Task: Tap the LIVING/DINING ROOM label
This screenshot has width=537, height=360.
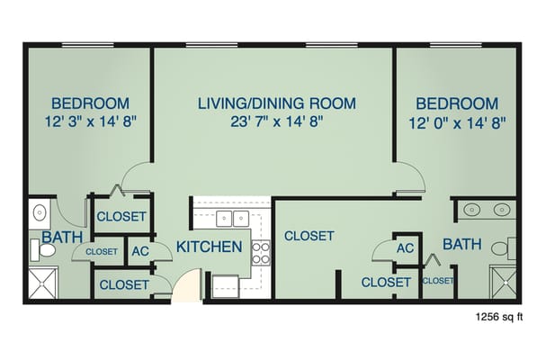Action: (x=276, y=103)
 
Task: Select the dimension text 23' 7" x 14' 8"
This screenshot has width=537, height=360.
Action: (x=276, y=122)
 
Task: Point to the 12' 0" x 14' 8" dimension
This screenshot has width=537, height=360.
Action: (x=458, y=122)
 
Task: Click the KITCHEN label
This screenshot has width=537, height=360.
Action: (x=209, y=247)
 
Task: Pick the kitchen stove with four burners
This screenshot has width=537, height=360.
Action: (x=261, y=253)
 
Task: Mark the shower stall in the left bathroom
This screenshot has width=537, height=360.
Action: (x=42, y=285)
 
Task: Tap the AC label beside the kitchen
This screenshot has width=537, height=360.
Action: (x=140, y=252)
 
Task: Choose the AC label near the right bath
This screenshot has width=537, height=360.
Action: (x=405, y=247)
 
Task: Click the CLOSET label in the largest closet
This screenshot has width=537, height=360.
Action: (x=309, y=237)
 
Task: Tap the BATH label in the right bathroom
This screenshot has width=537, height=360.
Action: (x=461, y=244)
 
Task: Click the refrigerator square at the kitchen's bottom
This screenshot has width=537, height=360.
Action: (x=225, y=284)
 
